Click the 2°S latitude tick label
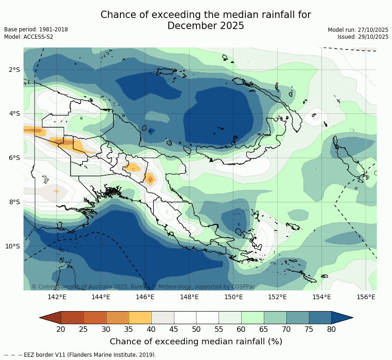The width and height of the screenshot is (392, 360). click(14, 70)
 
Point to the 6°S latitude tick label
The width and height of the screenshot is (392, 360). click(14, 158)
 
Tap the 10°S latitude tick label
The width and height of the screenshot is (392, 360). click(12, 246)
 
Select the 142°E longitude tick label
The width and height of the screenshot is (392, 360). click(57, 297)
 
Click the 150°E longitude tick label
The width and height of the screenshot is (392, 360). click(233, 297)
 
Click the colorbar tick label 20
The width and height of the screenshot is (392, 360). click(60, 329)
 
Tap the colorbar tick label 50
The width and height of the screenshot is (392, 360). click(196, 329)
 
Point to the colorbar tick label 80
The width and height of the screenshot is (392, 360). click(331, 329)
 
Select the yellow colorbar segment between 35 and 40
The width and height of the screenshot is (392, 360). click(140, 318)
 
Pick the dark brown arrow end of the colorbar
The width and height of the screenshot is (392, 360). click(50, 318)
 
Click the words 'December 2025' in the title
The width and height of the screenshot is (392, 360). click(206, 26)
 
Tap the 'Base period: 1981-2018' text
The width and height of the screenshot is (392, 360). click(36, 30)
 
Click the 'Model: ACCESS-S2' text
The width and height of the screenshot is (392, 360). click(29, 37)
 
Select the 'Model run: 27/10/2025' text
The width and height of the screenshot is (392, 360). click(351, 30)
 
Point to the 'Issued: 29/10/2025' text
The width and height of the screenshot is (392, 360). click(356, 37)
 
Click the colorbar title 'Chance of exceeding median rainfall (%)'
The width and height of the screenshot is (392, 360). click(196, 342)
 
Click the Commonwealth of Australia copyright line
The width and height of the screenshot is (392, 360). click(143, 287)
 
